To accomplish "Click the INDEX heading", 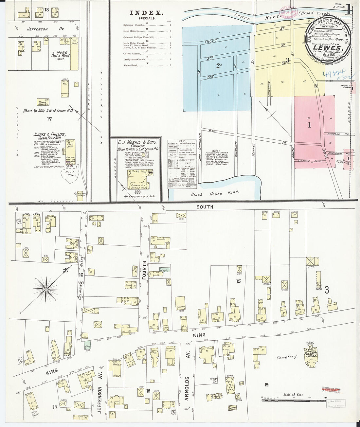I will pyautogui.click(x=146, y=13).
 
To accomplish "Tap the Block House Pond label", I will pyautogui.click(x=215, y=193).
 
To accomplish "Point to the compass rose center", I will pyautogui.click(x=46, y=290).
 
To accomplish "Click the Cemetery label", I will pyautogui.click(x=286, y=357).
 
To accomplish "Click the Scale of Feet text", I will pyautogui.click(x=293, y=395).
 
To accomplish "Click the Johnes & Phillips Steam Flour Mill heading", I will pyautogui.click(x=49, y=136).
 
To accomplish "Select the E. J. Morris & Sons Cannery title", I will pyautogui.click(x=136, y=146).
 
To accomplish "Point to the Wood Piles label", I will pyautogui.click(x=71, y=173).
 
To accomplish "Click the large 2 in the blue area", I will pyautogui.click(x=218, y=65).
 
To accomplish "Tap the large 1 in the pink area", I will pyautogui.click(x=309, y=125).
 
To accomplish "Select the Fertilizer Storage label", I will pyautogui.click(x=80, y=194).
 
